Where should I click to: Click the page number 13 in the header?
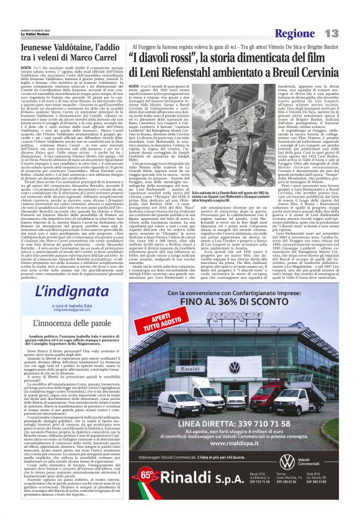click(x=332, y=33)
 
